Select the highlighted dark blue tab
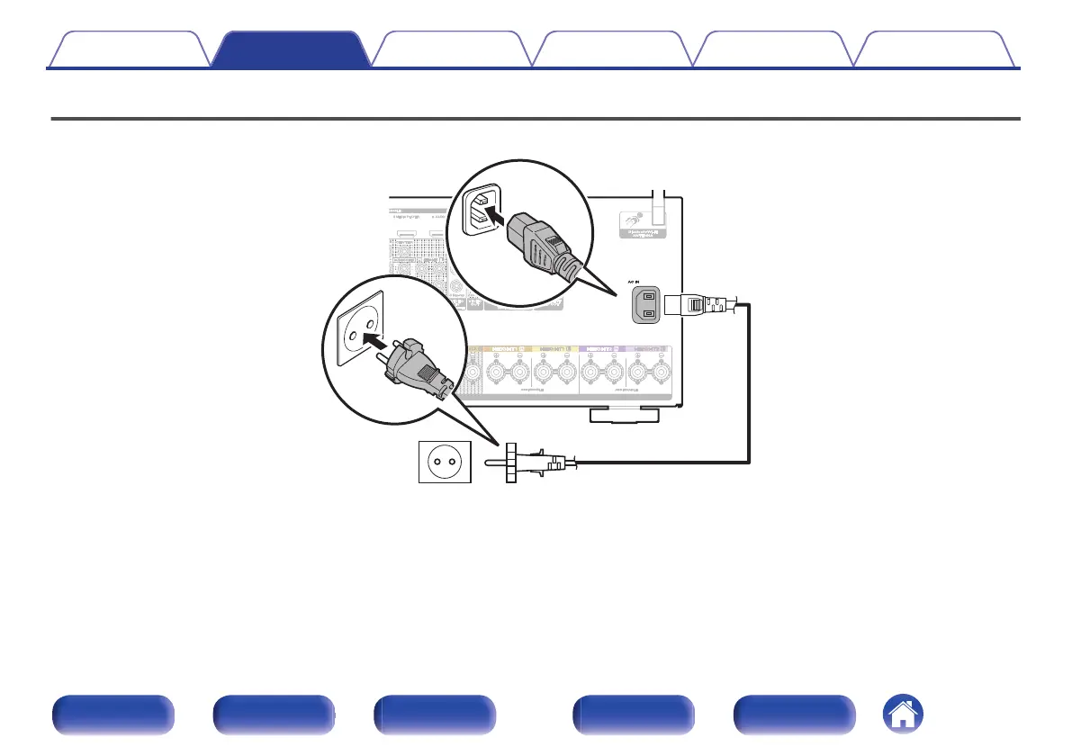[x=293, y=50]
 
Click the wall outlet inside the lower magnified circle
[x=358, y=334]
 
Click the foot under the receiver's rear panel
[x=622, y=415]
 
